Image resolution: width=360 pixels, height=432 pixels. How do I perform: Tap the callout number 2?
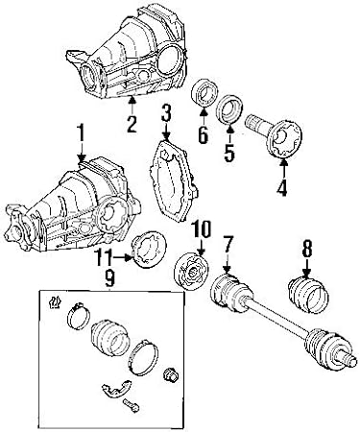(132, 124)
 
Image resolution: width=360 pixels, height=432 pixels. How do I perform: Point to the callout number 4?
(282, 187)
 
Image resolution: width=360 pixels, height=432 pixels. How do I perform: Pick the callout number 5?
(229, 153)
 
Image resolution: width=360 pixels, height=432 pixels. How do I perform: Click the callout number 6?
(204, 134)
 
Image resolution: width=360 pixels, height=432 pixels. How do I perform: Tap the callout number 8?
(307, 249)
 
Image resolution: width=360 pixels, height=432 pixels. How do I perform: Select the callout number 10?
(201, 228)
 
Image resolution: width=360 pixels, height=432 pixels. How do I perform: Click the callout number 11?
(104, 257)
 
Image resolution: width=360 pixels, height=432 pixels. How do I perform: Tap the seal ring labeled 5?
(229, 109)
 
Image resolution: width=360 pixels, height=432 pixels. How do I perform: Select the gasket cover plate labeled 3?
(174, 180)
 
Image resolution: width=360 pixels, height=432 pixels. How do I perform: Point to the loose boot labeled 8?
(309, 294)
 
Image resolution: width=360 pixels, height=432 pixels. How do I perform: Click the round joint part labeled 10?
(192, 272)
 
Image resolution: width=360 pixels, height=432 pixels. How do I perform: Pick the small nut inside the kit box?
(171, 374)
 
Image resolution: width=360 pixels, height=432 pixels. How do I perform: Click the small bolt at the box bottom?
(131, 404)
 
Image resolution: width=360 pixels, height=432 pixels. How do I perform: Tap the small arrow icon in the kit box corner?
(55, 301)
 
